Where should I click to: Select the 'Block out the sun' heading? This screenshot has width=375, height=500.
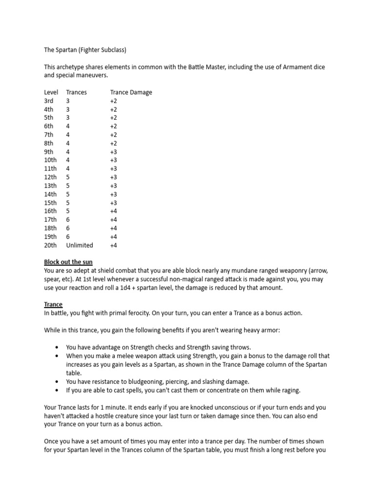coord(68,262)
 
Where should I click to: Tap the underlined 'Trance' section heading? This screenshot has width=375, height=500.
coord(53,305)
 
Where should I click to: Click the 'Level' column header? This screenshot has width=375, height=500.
coord(51,92)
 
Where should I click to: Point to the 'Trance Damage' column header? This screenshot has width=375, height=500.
coord(131,92)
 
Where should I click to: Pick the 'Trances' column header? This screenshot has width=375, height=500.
coord(76,92)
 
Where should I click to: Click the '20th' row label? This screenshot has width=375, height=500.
coord(50,245)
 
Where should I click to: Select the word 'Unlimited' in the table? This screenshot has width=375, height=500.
coord(80,245)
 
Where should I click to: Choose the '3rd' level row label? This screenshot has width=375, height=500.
coord(49,101)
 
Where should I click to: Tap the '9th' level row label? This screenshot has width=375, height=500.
coord(49,152)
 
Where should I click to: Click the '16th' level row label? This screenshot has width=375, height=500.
coord(50,211)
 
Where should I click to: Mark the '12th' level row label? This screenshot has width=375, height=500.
coord(50,177)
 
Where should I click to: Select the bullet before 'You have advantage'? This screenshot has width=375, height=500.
coord(58,347)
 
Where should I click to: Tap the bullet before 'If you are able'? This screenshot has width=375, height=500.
coord(58,390)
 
